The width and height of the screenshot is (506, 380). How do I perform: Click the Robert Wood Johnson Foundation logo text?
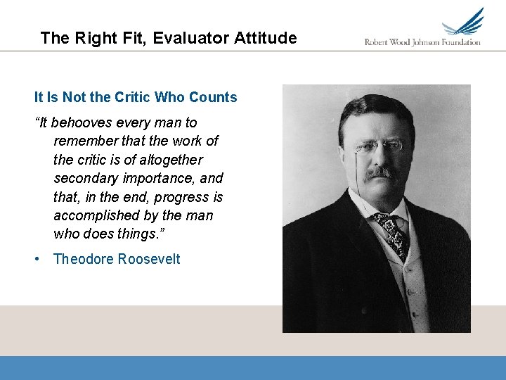click(x=422, y=42)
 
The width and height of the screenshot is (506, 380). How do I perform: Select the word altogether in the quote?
click(x=159, y=160)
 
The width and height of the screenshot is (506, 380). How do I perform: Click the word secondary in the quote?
click(x=86, y=179)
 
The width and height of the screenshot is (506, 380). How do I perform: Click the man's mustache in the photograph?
click(x=380, y=171)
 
